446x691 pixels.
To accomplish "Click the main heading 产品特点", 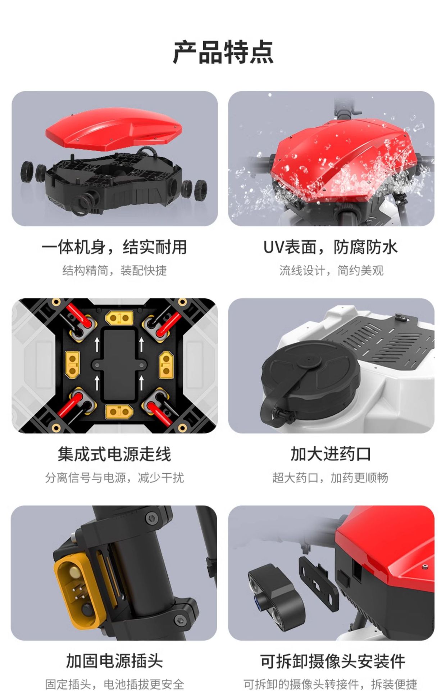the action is point(223,53).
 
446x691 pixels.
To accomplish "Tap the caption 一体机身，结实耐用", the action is point(114,247).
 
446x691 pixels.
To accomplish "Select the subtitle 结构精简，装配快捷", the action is point(114,270).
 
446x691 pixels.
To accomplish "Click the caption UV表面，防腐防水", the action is point(331,247).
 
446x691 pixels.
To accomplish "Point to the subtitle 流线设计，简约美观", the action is point(331,270).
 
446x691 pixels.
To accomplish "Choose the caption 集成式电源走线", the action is point(114,454).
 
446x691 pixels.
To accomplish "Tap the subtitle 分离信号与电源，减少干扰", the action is point(114,478).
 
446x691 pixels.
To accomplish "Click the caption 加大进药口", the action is point(331,454).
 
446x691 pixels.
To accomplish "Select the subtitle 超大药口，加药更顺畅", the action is point(330,478).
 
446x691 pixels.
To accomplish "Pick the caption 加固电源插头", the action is point(114,661).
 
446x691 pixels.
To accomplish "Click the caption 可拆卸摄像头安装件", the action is point(333,661).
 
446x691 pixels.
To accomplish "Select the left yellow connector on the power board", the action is point(72,364).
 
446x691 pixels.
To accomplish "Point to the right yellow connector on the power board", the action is point(166,364).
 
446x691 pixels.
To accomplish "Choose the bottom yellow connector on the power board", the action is point(119,411).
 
